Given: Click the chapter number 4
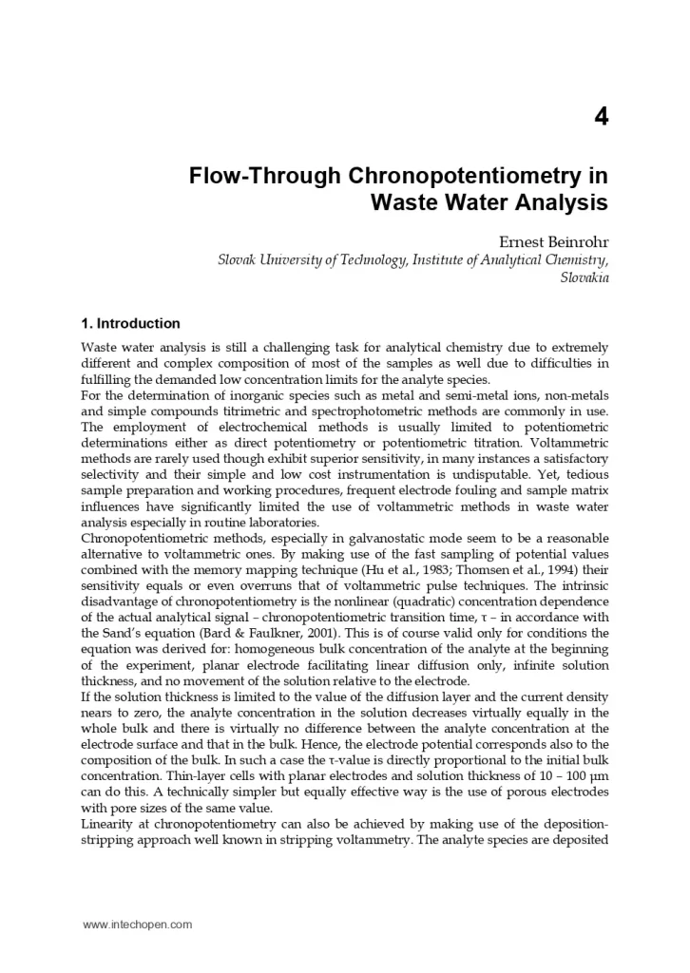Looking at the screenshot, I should pyautogui.click(x=601, y=117).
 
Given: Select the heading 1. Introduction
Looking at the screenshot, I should pyautogui.click(x=130, y=323).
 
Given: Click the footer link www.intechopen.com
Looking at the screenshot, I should pyautogui.click(x=137, y=924).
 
